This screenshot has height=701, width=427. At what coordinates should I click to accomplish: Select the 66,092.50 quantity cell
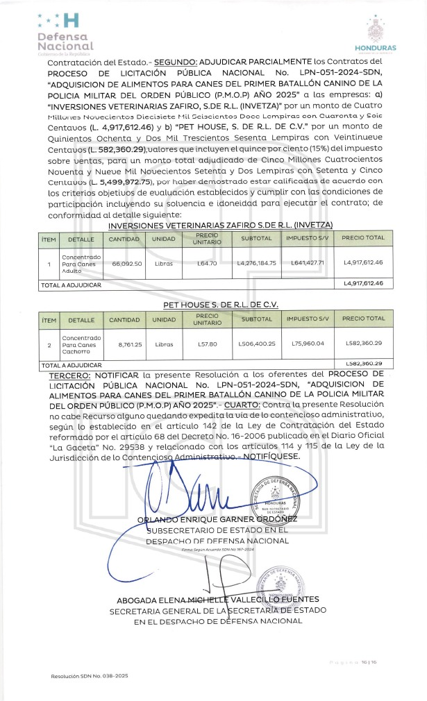click(127, 264)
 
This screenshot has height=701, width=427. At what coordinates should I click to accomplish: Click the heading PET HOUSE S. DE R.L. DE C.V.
click(220, 305)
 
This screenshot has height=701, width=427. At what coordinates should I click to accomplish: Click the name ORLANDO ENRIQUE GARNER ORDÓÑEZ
click(217, 518)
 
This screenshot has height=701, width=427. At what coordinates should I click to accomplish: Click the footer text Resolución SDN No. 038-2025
click(89, 675)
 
